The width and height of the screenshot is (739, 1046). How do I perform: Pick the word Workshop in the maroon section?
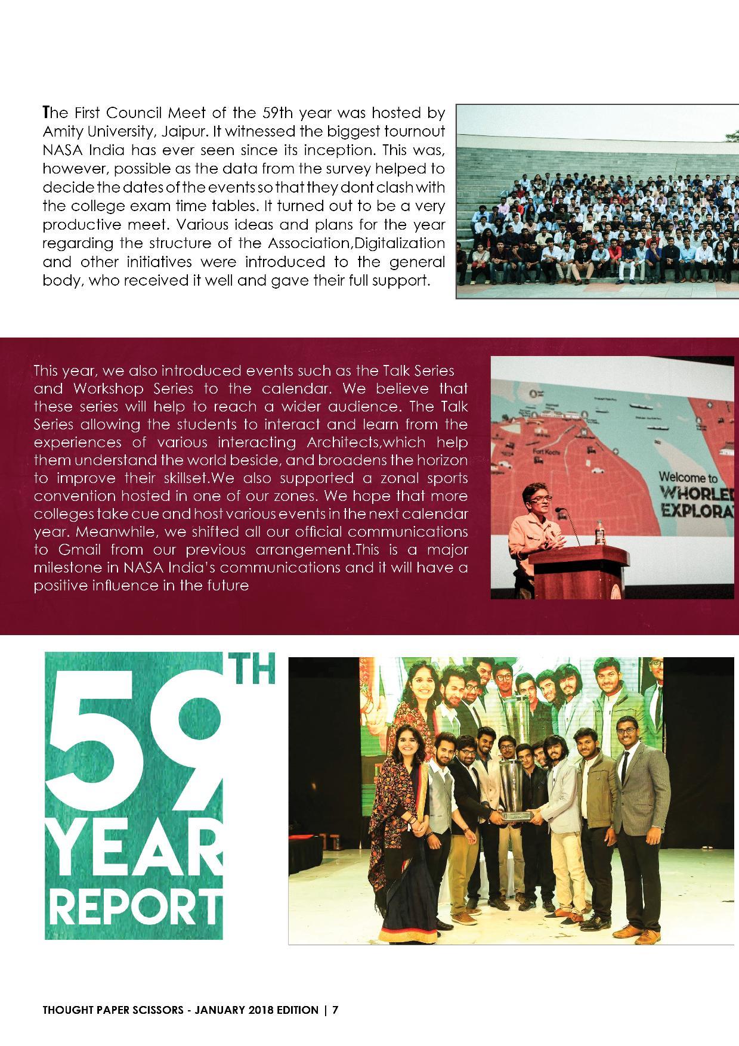(109, 389)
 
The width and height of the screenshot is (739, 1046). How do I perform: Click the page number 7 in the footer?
(336, 1010)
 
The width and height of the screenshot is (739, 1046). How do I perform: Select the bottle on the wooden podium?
(599, 531)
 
